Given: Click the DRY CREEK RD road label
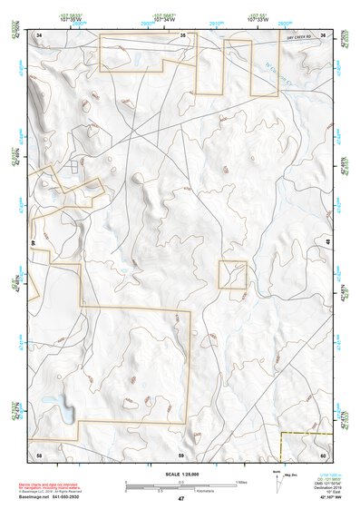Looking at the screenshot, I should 303,36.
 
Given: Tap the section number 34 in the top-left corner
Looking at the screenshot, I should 39,34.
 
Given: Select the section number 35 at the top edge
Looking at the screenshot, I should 181,34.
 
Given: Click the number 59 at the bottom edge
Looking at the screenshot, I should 181,453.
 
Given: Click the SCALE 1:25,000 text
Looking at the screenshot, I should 180,474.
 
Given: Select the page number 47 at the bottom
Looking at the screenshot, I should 180,499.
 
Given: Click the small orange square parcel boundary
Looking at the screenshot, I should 232,275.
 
